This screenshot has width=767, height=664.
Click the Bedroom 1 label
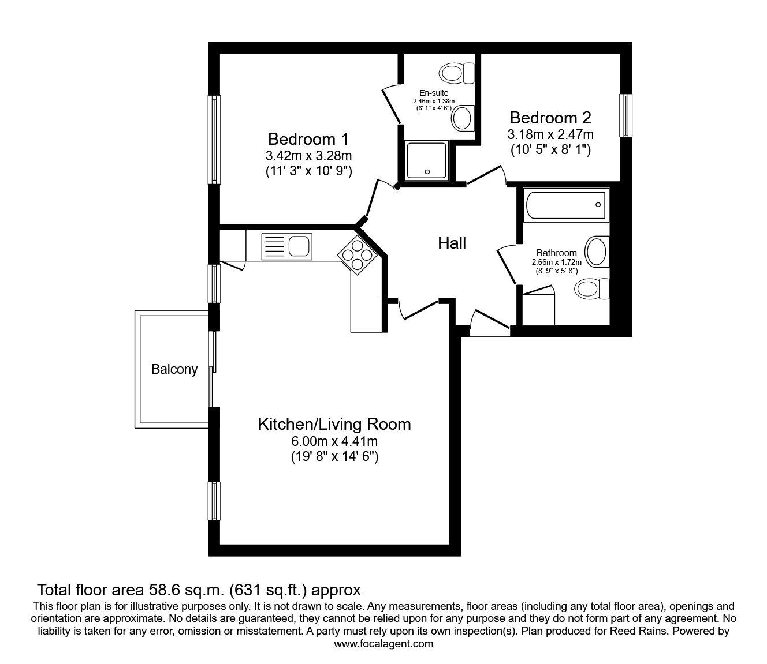tap(308, 140)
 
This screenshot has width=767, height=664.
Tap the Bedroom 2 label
tap(550, 118)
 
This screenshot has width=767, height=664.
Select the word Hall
tap(452, 243)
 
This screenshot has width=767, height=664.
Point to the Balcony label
tap(174, 370)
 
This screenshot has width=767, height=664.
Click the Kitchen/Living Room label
tap(334, 425)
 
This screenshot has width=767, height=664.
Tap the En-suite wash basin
tap(463, 118)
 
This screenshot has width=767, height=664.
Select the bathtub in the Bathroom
tap(566, 205)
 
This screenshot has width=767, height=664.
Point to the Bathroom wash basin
tap(597, 252)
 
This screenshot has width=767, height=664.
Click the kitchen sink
tap(286, 246)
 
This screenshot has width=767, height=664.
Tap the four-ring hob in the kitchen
tap(355, 255)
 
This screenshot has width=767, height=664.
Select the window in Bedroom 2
tap(625, 115)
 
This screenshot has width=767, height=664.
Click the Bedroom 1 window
tap(214, 140)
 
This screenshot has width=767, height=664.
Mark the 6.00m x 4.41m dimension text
tap(334, 441)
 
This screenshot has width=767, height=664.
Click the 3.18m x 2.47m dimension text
tap(550, 134)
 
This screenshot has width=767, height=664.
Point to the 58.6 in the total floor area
tap(161, 590)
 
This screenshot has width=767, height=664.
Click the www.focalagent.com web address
tap(383, 644)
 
